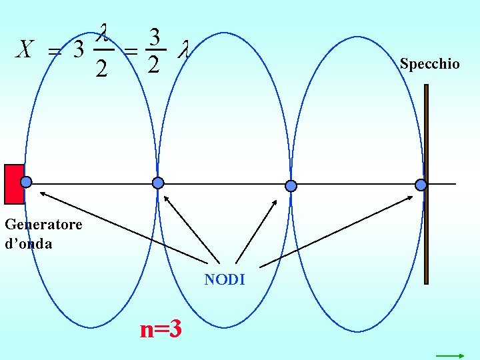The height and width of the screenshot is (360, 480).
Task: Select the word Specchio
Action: point(429,64)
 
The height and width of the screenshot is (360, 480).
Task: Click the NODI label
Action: point(225,280)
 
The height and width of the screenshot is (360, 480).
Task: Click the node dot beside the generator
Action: point(26,182)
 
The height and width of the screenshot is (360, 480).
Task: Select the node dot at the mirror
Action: point(421,185)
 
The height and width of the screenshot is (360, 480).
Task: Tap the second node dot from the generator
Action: point(158,183)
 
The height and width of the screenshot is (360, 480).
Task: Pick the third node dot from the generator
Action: point(291,185)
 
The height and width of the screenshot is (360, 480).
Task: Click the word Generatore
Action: point(43,224)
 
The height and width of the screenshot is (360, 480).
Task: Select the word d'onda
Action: point(28,243)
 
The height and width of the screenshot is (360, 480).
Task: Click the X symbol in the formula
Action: point(25,49)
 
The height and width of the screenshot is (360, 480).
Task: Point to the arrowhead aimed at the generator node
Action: point(41,193)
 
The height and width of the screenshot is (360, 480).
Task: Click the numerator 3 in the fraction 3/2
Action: point(153,37)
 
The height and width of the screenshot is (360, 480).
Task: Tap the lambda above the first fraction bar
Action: point(103,31)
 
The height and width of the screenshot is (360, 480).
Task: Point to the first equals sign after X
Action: point(55,51)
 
